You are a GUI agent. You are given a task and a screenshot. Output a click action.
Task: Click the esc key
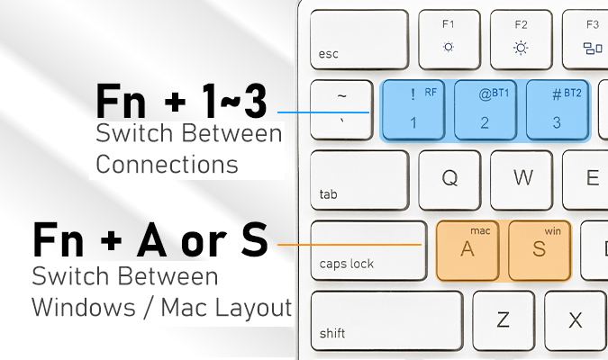point(359,40)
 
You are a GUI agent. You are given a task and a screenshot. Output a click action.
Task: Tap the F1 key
point(449,40)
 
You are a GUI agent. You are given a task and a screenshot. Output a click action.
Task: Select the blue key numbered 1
point(413,111)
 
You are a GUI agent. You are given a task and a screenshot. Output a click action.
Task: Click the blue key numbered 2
point(485,111)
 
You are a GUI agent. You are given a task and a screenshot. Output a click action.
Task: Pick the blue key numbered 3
point(558,111)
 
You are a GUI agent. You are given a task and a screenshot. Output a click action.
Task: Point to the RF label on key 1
point(431,92)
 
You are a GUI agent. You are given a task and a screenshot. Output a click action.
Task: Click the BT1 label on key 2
point(500,93)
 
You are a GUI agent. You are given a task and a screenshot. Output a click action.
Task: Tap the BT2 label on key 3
point(572,93)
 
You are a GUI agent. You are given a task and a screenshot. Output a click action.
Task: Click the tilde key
point(341,110)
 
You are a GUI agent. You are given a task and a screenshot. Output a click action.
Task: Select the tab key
point(359,181)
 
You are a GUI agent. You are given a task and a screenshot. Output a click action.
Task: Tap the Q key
point(449,181)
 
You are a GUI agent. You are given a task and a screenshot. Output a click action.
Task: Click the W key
point(522,181)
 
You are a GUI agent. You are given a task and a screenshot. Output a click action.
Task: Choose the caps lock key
point(368,251)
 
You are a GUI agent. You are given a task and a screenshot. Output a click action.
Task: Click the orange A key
point(467,251)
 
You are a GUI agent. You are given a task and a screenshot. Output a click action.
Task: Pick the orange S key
point(540,251)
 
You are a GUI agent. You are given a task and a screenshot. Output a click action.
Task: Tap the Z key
point(504,321)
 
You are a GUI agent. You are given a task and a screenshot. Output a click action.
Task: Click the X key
point(576,321)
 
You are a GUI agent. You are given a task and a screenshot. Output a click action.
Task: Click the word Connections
point(167,164)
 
